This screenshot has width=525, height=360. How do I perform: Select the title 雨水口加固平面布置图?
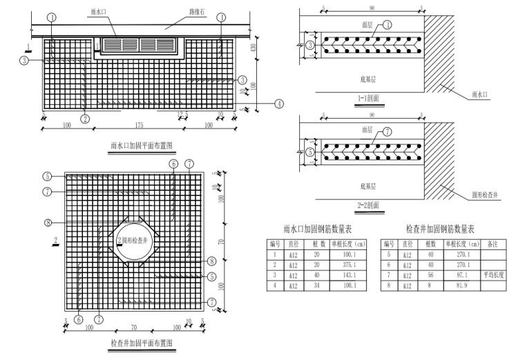[141, 146]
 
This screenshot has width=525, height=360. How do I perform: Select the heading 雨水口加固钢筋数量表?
[316, 229]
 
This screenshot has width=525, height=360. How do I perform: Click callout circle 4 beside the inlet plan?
[279, 104]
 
